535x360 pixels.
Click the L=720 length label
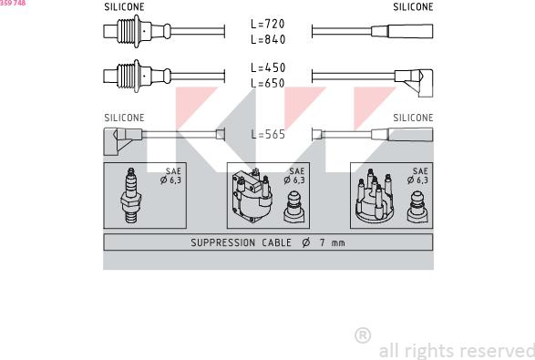[x=267, y=24]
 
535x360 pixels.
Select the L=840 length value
[x=267, y=39]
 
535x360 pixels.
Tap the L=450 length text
[x=267, y=67]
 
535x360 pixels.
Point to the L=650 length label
[x=267, y=83]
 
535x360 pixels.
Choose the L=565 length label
[x=267, y=134]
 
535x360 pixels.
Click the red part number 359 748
[x=13, y=4]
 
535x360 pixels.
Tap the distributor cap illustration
[x=373, y=198]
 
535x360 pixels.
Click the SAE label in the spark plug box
[x=172, y=171]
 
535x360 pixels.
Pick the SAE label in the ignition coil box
[x=296, y=171]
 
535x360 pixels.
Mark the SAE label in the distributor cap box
[x=419, y=171]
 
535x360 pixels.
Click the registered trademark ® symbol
[x=362, y=335]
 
